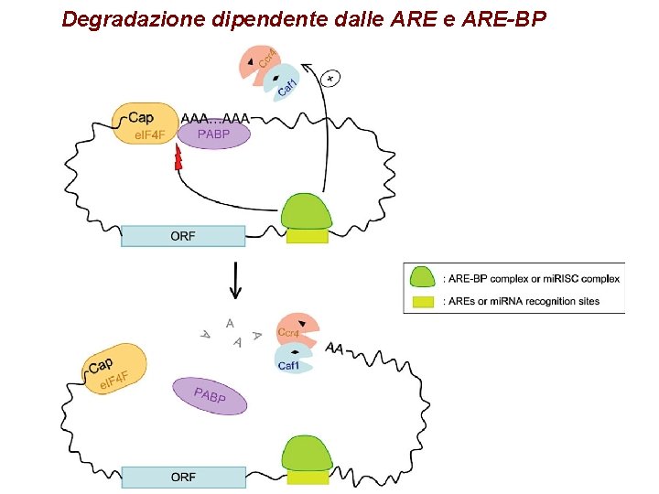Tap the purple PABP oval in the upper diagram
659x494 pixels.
point(213,135)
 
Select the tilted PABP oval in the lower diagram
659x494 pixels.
point(210,395)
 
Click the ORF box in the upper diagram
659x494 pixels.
point(183,236)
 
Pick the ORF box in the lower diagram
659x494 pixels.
point(183,477)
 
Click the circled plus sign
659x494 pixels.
point(331,79)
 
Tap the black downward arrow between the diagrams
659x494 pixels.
point(236,280)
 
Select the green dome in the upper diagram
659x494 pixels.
point(307,211)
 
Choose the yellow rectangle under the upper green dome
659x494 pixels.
point(307,236)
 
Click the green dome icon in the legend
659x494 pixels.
point(422,278)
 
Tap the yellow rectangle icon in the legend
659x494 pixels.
point(422,301)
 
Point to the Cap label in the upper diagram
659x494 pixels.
point(141,117)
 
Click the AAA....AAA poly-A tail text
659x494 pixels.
point(215,118)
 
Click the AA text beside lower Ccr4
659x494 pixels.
point(334,349)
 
